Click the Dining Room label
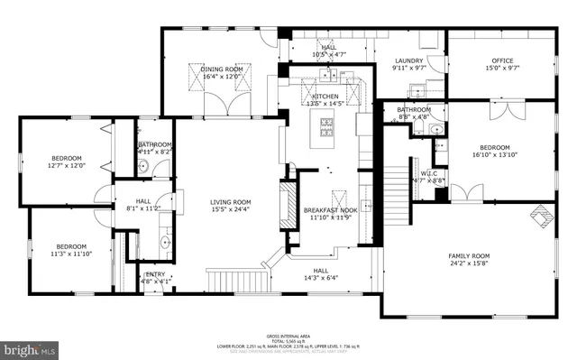click(x=222, y=73)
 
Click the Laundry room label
click(x=408, y=64)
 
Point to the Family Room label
click(x=469, y=260)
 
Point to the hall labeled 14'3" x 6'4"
click(x=320, y=274)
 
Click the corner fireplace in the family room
click(x=541, y=217)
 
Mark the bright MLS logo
click(x=29, y=346)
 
